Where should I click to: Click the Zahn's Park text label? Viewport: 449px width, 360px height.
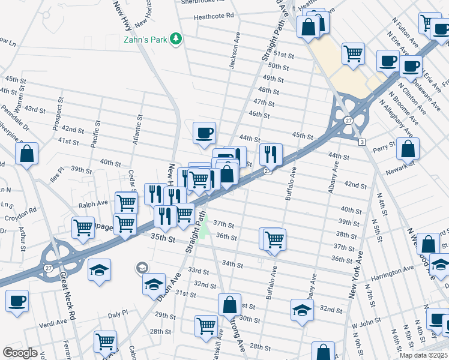click(x=145, y=40)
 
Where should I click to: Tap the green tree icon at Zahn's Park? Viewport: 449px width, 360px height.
click(x=176, y=39)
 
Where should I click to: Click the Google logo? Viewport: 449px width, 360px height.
click(x=20, y=352)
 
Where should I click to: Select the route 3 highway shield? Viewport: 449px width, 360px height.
click(x=362, y=142)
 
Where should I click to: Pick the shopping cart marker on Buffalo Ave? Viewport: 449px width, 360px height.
click(x=274, y=239)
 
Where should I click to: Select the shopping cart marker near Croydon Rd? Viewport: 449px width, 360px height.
click(x=83, y=227)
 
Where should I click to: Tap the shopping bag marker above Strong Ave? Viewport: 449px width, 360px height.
click(x=229, y=304)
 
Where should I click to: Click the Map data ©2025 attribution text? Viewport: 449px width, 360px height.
click(x=423, y=355)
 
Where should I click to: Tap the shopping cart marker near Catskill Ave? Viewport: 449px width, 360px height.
click(x=206, y=326)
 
